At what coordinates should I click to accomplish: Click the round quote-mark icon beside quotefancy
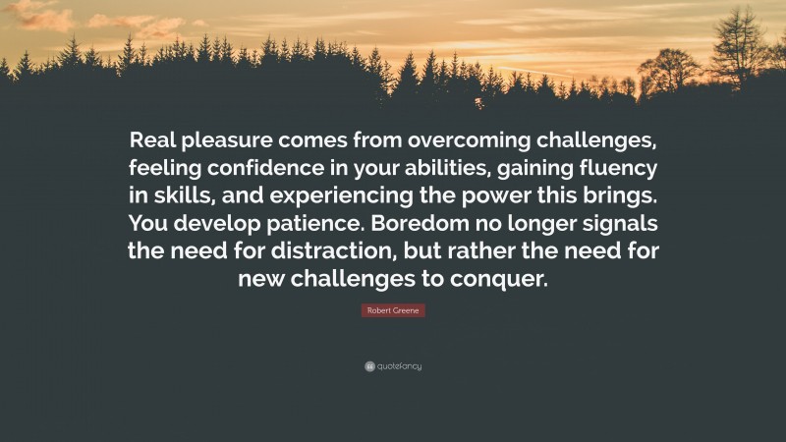tap(369, 366)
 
